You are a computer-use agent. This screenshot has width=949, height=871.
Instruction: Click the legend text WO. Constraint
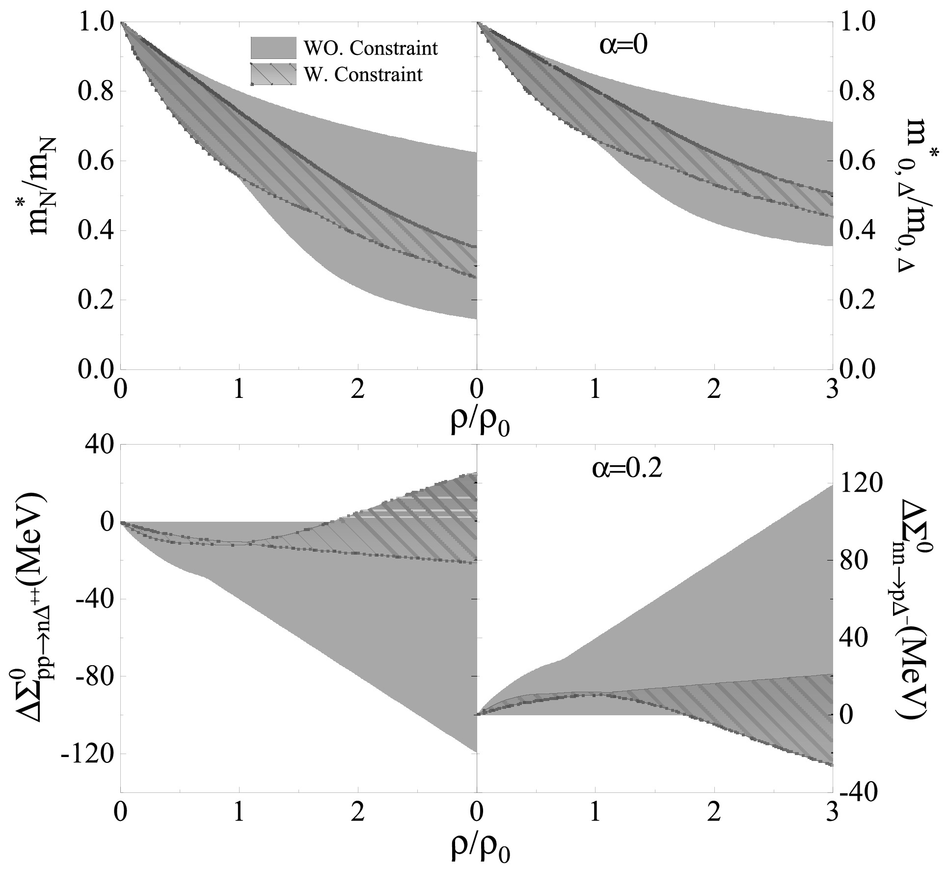coord(371,48)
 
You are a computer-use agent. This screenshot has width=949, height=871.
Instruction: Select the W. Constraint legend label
coord(363,74)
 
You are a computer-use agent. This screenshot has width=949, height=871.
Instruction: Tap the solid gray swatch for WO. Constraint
coord(273,48)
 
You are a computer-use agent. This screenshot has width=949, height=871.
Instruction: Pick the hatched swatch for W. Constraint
coord(273,74)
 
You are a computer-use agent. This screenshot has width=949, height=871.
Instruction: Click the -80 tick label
coord(93,676)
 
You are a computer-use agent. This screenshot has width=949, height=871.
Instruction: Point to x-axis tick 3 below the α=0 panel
coord(831,391)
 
